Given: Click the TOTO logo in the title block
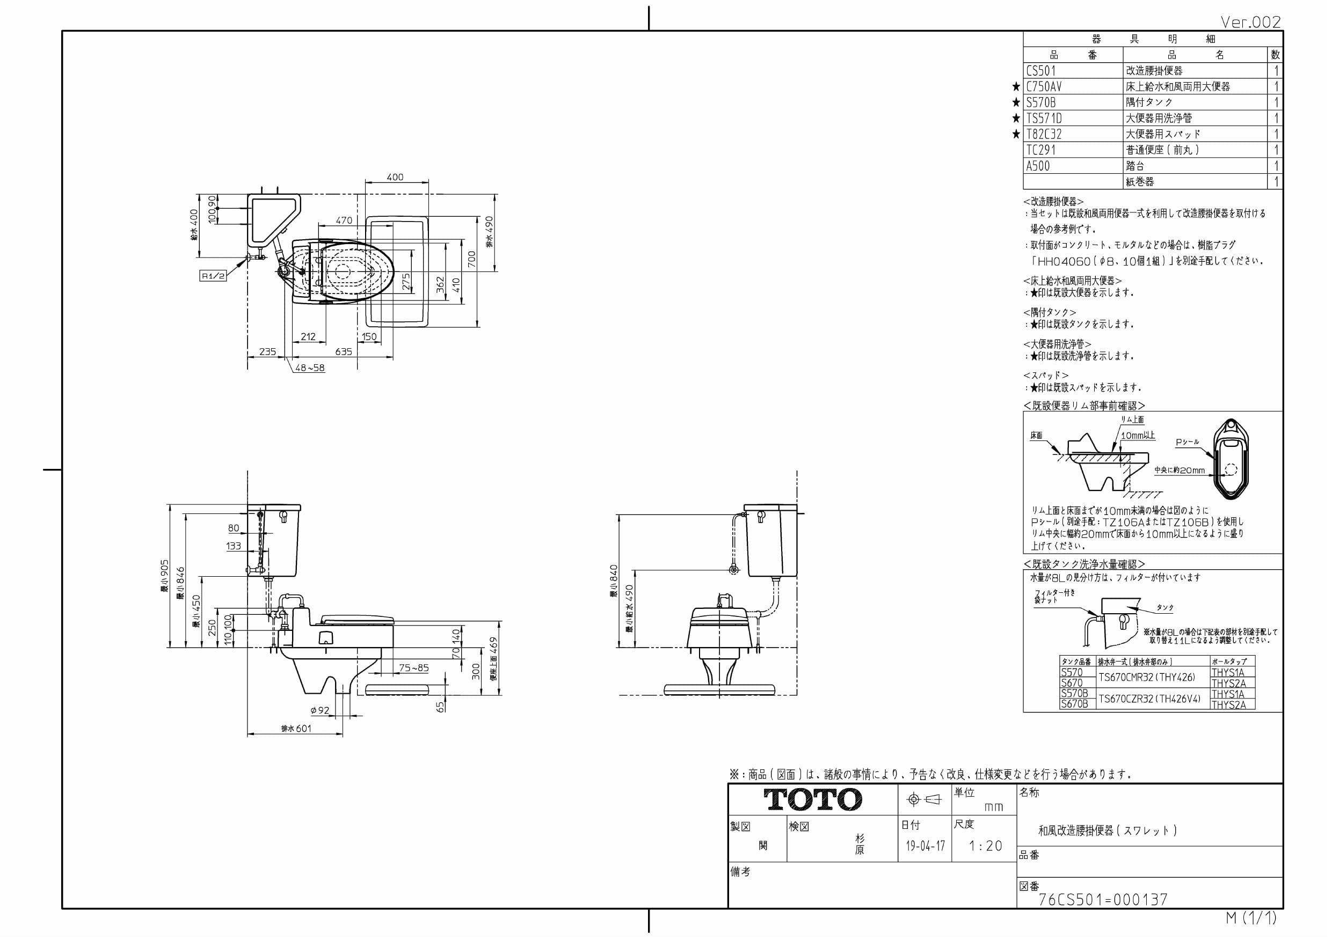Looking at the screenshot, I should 812,799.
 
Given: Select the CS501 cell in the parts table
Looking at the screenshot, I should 1042,71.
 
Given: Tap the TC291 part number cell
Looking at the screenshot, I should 1042,150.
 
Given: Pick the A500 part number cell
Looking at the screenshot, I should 1038,166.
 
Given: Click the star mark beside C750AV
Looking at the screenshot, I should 1016,87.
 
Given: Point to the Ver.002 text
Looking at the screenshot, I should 1250,22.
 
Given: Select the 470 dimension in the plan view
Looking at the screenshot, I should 344,220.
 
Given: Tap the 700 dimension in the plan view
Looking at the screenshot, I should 472,259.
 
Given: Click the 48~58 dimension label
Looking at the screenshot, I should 310,367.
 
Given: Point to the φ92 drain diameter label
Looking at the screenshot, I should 319,710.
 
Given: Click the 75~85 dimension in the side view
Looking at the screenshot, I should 413,668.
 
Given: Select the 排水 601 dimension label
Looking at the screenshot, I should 296,728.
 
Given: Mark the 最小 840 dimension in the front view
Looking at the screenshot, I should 614,581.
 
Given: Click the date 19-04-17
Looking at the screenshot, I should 926,846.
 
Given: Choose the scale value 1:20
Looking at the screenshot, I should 986,846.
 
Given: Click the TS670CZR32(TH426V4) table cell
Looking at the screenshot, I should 1149,699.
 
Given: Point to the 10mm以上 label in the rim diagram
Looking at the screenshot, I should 1138,436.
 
